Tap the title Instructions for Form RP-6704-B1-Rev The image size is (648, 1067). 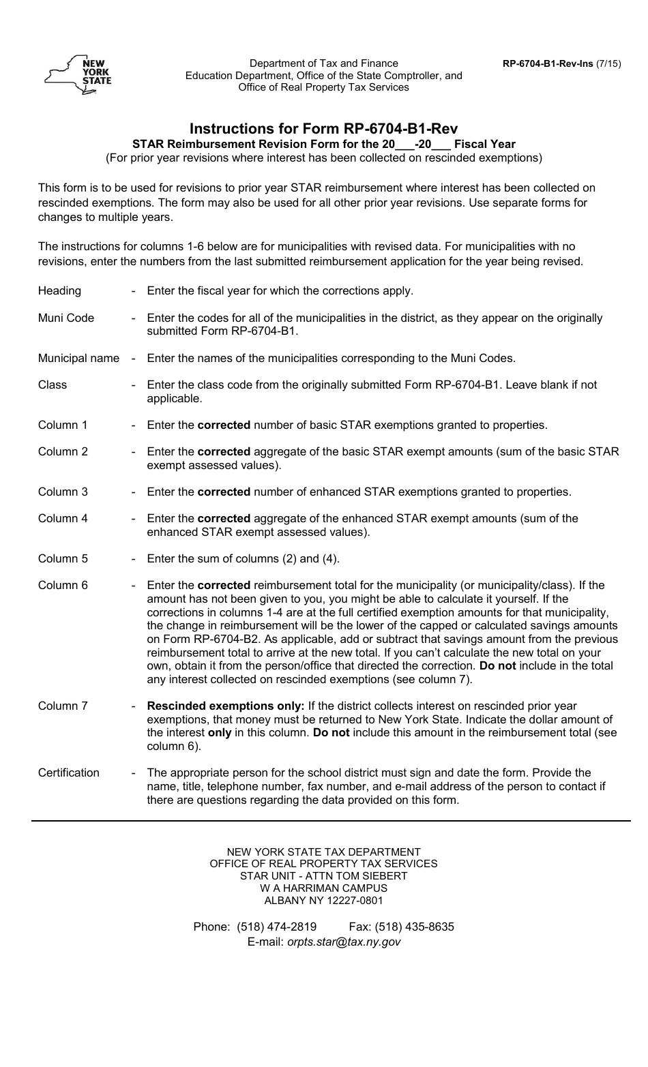[323, 128]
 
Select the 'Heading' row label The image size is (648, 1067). [59, 290]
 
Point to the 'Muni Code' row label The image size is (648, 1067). [66, 318]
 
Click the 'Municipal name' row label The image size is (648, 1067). [78, 358]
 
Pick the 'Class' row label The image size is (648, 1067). [53, 385]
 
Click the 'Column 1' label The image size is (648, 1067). [63, 425]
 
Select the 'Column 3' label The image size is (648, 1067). [63, 492]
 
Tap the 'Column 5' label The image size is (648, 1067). [63, 558]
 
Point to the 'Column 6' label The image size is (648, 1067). [63, 585]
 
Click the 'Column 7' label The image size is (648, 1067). [63, 706]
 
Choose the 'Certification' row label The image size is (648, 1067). [69, 772]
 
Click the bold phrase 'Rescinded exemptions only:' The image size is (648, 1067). [226, 706]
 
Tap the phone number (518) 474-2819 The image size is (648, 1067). [276, 927]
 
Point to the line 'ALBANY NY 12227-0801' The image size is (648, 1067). [323, 900]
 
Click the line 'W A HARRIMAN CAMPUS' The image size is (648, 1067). [323, 888]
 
